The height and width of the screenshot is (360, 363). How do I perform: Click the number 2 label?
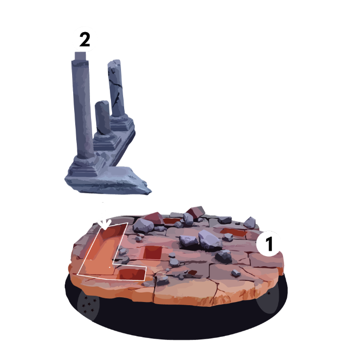(x=85, y=39)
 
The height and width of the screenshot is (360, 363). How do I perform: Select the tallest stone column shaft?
(x=82, y=108)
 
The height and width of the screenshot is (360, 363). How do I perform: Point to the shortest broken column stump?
(x=103, y=117)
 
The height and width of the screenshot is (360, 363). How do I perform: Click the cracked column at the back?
(x=116, y=88)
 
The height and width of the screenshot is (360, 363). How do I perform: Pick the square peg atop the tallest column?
(x=80, y=56)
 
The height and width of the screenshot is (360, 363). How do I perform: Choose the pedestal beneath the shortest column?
(x=107, y=141)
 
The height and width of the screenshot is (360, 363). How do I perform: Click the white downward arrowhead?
(x=104, y=224)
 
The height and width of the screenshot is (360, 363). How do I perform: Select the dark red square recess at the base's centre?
(x=153, y=253)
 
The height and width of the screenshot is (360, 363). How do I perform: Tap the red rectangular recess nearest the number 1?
(x=234, y=232)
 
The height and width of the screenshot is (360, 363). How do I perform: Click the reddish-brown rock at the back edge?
(x=196, y=212)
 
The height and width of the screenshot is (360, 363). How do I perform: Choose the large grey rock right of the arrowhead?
(x=144, y=226)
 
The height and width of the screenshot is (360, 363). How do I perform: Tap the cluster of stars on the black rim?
(x=89, y=304)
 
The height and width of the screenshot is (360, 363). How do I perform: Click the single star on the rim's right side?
(x=269, y=293)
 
